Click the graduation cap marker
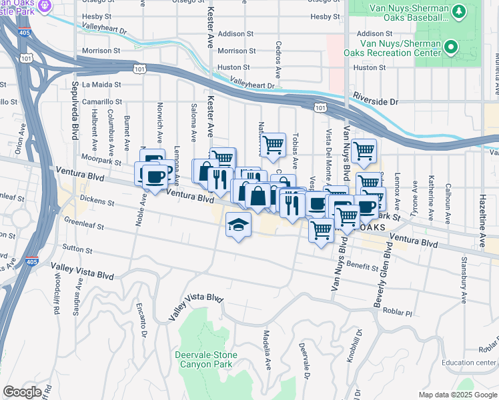238,225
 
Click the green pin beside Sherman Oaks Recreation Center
451,47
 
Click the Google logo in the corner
22,392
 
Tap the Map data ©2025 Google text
458,395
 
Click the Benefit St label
363,265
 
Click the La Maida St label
101,85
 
